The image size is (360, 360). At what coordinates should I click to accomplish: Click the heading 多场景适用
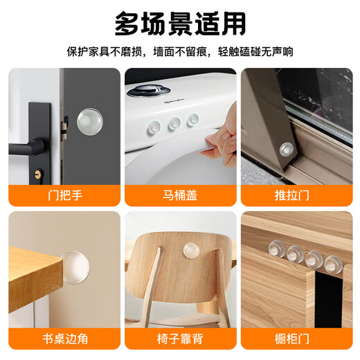pos(180,23)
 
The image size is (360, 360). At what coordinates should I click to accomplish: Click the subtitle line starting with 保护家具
pos(180,52)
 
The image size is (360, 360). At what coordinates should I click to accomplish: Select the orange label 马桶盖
pos(179,195)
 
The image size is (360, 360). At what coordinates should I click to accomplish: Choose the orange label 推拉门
pos(296,195)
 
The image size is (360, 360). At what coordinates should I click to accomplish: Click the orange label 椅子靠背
pos(179,339)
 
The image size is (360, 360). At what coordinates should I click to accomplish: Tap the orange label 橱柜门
pos(296,339)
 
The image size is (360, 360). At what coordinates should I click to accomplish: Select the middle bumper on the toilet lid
pos(174,125)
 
